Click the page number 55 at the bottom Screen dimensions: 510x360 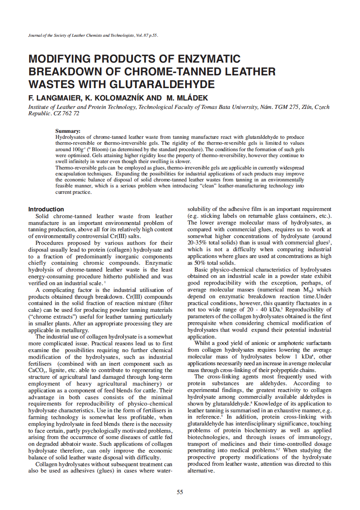pos(180,492)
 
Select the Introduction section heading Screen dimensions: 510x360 pos(46,209)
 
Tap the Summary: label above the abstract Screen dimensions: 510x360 pos(68,131)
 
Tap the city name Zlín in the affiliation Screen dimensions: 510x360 pos(307,107)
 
